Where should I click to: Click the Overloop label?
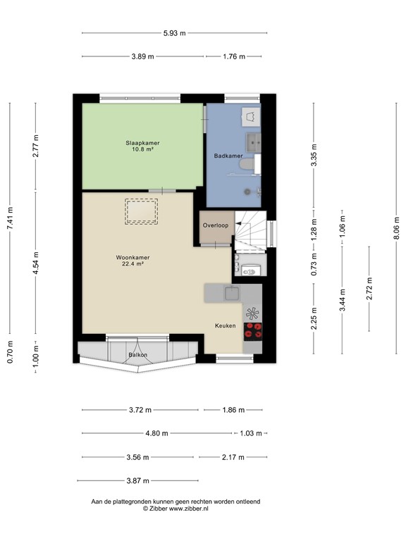click(x=215, y=225)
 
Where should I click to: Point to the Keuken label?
click(x=225, y=325)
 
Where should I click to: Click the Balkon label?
click(x=138, y=355)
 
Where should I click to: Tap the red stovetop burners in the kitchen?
click(x=252, y=328)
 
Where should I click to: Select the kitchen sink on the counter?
click(x=232, y=292)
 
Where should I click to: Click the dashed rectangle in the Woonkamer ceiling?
click(x=142, y=211)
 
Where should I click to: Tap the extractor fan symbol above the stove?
click(x=252, y=312)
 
